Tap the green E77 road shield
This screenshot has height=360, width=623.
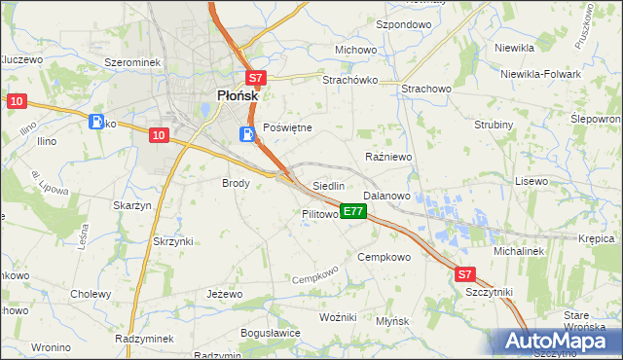tap(353, 211)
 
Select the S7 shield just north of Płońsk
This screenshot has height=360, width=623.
tap(254, 79)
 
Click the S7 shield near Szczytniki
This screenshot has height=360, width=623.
tap(466, 275)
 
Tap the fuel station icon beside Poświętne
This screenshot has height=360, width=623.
tap(247, 134)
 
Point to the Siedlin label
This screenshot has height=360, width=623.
tap(329, 186)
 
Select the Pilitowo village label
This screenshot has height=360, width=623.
tap(319, 214)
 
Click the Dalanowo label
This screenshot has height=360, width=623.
tap(387, 196)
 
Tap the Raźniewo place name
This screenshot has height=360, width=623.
tap(389, 156)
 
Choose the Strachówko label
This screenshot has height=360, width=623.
tap(349, 80)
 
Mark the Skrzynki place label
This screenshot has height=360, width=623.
tap(173, 240)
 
